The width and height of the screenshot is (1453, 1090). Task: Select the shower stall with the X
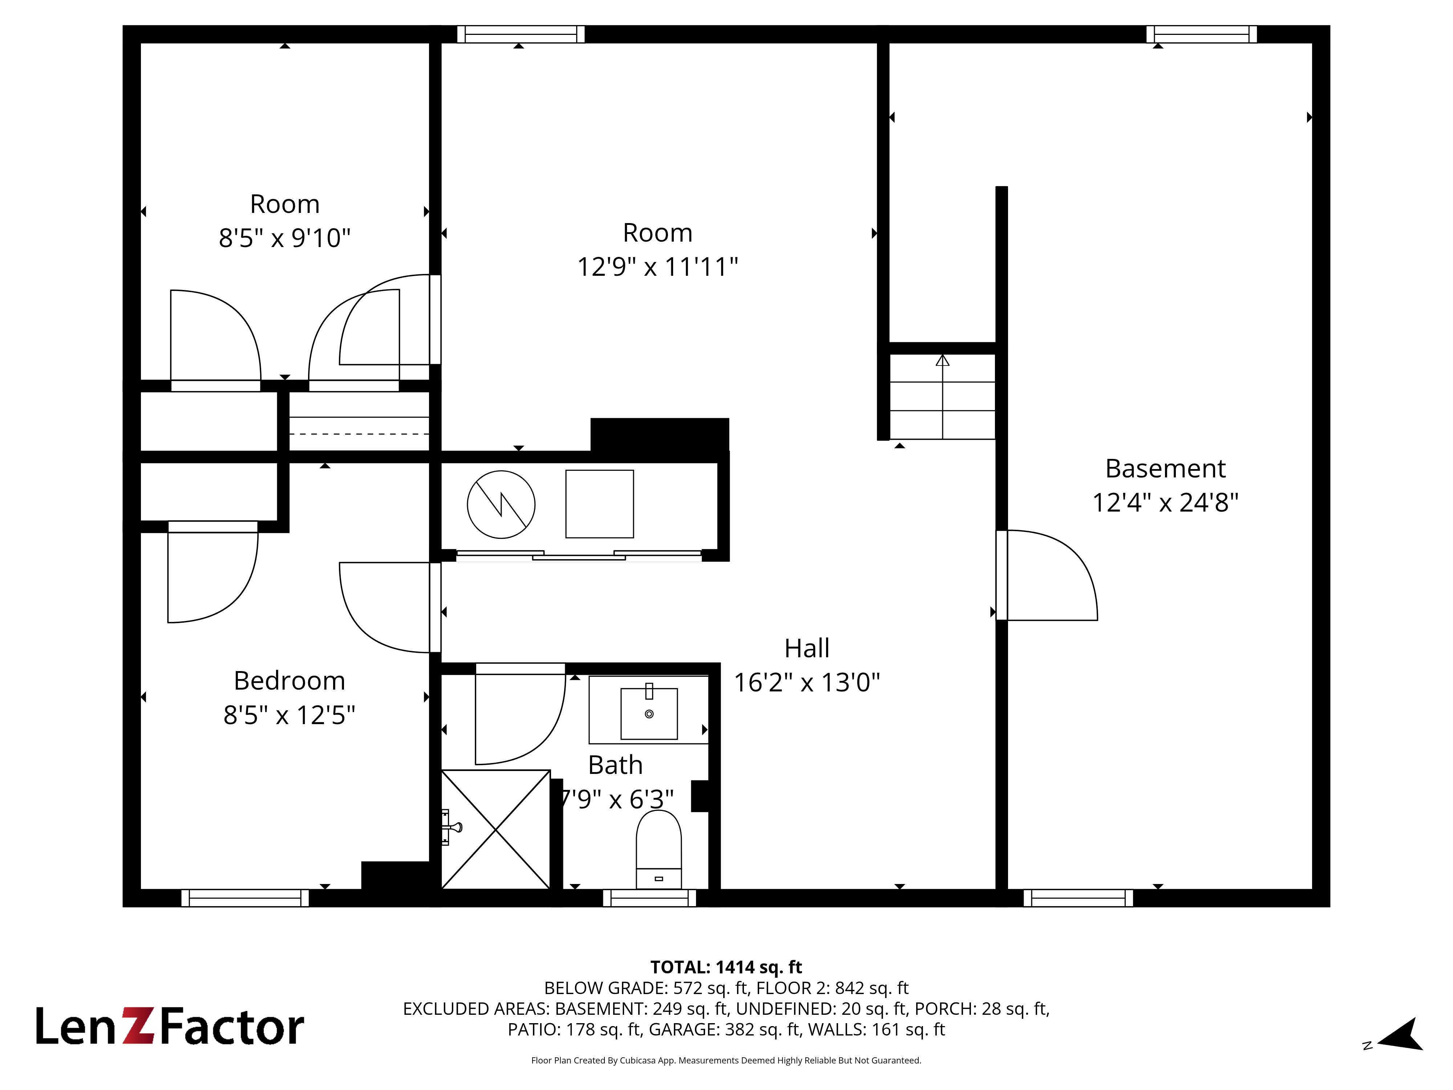coord(495,829)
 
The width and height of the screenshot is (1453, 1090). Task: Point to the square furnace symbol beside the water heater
coord(600,504)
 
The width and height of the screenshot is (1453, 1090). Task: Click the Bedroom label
coord(289,681)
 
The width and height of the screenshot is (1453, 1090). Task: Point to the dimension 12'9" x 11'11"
coord(657,267)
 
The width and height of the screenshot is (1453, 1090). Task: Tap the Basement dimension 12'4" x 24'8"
coord(1165,502)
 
